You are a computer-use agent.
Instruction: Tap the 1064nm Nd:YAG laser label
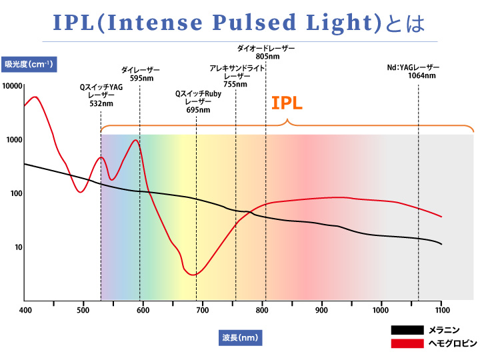point(413,71)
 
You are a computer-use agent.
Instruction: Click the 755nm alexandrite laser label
point(237,76)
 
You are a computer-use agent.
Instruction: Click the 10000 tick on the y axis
point(13,87)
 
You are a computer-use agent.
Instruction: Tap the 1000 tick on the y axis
point(15,140)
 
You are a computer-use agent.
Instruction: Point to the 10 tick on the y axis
point(18,247)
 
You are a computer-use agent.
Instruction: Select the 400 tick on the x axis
point(25,309)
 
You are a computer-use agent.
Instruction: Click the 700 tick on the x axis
point(203,309)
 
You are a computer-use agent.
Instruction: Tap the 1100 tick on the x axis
point(441,309)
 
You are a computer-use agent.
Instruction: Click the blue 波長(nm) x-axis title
point(241,337)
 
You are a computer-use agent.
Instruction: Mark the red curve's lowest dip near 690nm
point(193,275)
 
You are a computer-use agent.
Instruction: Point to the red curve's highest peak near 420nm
point(35,97)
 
